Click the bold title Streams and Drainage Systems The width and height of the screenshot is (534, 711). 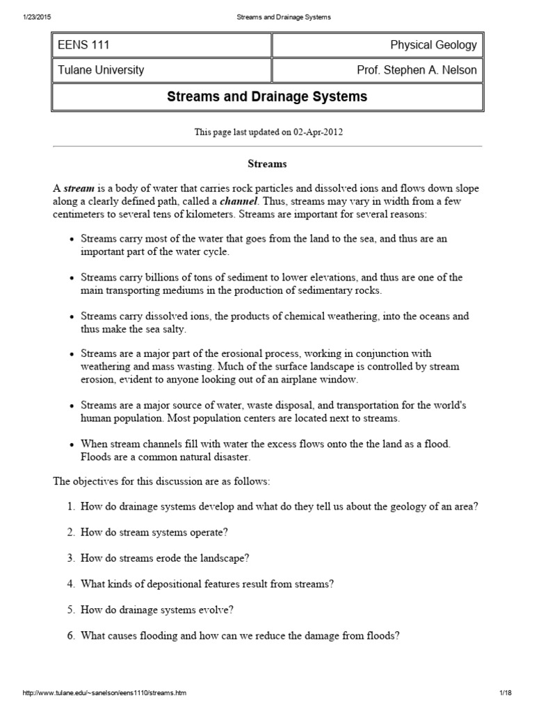(x=267, y=97)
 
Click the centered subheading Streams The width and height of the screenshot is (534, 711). (x=267, y=164)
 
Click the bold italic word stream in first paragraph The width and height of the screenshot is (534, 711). (x=78, y=189)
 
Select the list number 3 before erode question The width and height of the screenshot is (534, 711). (x=71, y=558)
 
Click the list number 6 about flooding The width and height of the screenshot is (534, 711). (x=71, y=635)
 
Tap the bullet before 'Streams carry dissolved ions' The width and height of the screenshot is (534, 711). (x=72, y=317)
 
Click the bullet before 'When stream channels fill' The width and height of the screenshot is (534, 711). (x=72, y=444)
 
